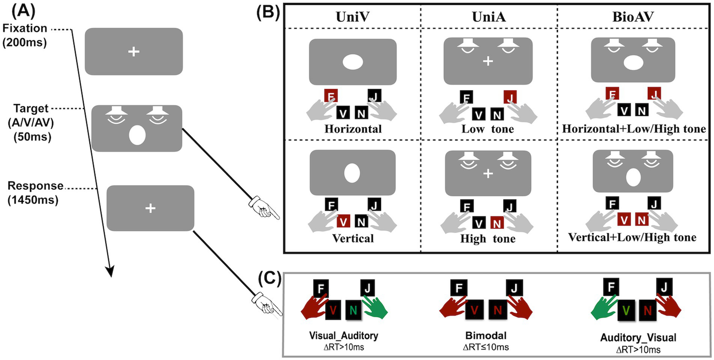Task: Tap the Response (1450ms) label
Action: (35, 192)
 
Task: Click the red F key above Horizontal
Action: (330, 97)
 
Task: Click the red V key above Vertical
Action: (343, 221)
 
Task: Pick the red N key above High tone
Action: (497, 222)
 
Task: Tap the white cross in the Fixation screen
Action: (133, 53)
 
